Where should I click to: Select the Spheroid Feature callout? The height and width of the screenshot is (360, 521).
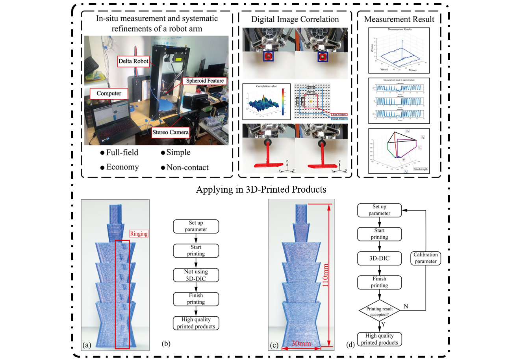point(205,81)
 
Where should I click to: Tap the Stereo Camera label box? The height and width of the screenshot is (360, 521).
point(171,132)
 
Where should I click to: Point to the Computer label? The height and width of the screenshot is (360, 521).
point(109,93)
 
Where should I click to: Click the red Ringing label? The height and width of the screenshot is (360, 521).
point(139,234)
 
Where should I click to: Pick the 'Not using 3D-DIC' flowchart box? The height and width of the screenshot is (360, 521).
point(196,275)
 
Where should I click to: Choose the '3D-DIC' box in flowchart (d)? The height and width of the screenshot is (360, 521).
point(379,258)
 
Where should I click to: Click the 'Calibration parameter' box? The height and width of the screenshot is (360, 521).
point(426,258)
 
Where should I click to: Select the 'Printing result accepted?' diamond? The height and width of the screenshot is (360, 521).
point(380,311)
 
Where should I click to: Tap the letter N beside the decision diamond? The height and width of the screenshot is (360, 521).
point(406,306)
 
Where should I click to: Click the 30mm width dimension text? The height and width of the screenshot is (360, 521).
point(301,343)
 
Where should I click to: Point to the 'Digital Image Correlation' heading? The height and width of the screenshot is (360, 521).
point(295,19)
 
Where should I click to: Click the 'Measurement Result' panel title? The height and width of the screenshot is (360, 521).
point(399,19)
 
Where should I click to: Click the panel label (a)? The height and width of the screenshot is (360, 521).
point(87,345)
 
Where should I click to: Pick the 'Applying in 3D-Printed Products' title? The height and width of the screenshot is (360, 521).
point(261,189)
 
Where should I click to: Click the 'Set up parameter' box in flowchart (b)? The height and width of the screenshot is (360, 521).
point(196,226)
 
